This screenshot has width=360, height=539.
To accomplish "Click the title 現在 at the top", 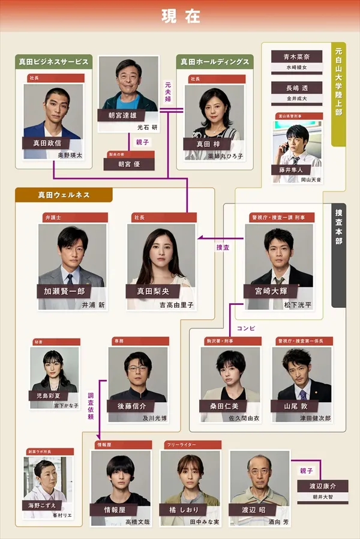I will tap(180, 16).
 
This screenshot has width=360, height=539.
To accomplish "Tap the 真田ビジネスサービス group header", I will tap(54, 62).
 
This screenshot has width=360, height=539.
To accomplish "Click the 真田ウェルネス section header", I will tap(64, 195).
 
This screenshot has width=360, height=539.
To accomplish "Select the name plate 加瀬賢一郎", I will tap(65, 291).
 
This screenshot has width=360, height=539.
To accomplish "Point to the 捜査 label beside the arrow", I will tap(223, 247).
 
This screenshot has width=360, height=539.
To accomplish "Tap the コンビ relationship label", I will tap(246, 328).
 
